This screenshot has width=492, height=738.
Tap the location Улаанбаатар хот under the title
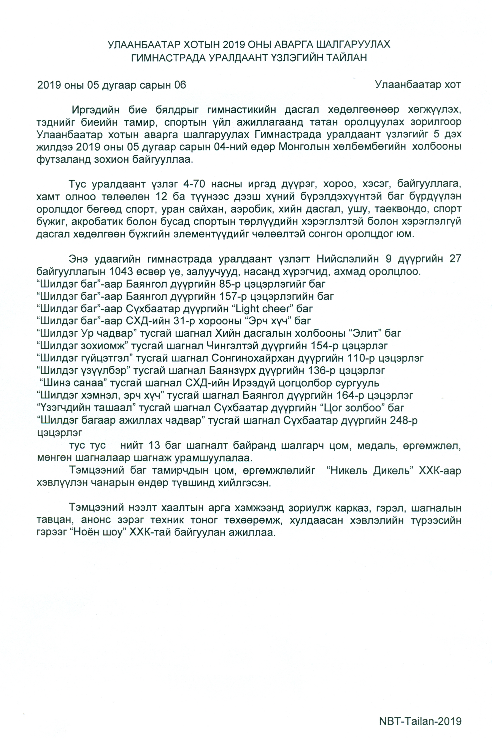(x=418, y=85)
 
